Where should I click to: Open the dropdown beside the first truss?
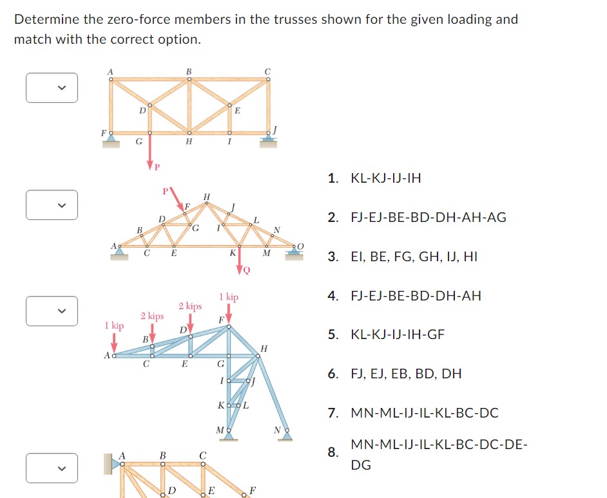click(x=52, y=88)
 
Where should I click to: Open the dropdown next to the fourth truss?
click(x=52, y=468)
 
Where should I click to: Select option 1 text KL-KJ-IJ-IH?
click(x=385, y=178)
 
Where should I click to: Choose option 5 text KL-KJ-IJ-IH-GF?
click(x=398, y=335)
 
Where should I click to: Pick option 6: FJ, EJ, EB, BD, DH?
click(x=406, y=374)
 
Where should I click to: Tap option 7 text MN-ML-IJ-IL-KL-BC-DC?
click(x=424, y=412)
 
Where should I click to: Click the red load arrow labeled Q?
click(x=240, y=261)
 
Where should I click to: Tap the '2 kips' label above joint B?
click(x=152, y=316)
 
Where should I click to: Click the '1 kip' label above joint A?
click(x=114, y=326)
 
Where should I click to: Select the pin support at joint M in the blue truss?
click(x=227, y=435)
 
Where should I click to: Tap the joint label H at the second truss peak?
click(x=206, y=196)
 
